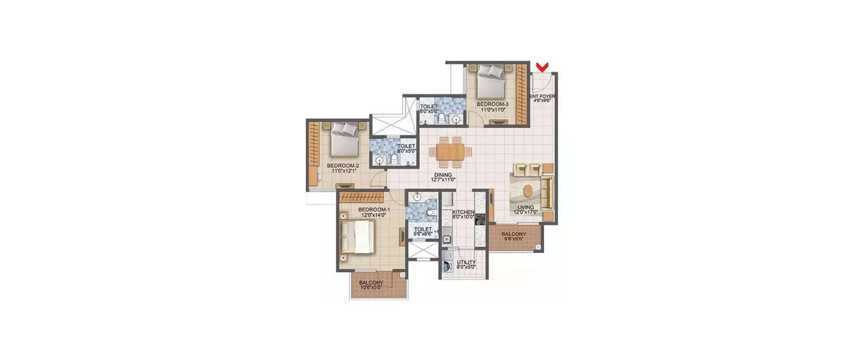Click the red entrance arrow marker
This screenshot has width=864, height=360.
tap(541, 67)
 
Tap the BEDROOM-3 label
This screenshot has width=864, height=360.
tap(492, 105)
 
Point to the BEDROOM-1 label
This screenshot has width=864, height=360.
tap(374, 209)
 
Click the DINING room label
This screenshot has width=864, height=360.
tap(443, 175)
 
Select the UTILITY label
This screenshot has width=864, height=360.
tap(466, 263)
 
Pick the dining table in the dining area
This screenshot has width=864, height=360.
tap(450, 151)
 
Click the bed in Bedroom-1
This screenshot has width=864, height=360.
tap(358, 237)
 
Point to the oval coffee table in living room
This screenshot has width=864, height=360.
tap(529, 190)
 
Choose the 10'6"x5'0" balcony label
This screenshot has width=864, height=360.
tap(371, 285)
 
